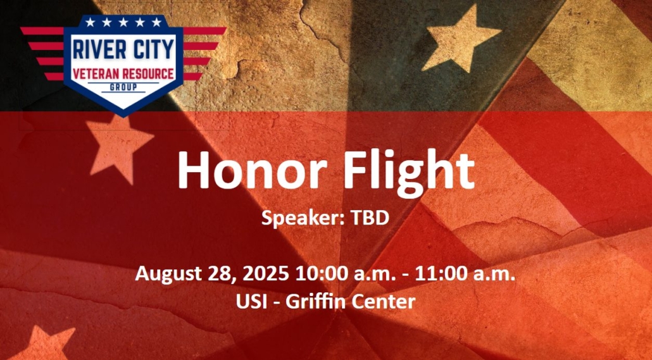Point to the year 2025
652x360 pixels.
[x=265, y=274]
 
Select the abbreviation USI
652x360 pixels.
[x=251, y=301]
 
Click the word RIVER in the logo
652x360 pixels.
[x=99, y=49]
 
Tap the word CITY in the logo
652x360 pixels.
[x=153, y=49]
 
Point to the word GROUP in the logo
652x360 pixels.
[x=123, y=87]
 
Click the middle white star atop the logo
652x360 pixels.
[x=123, y=22]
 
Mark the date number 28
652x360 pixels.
[x=219, y=275]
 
